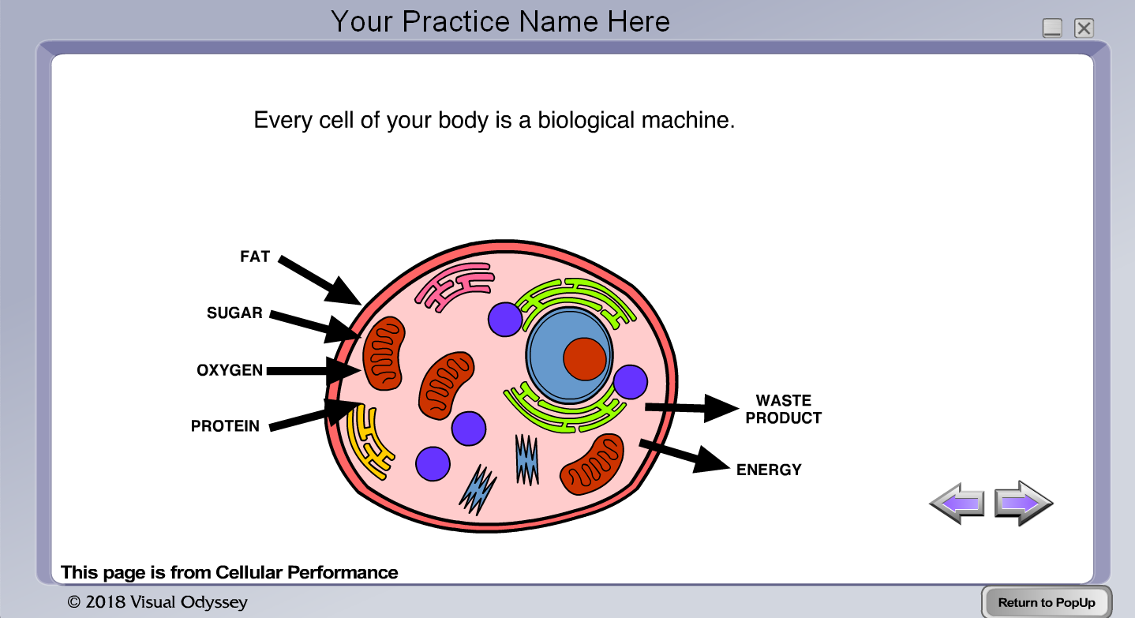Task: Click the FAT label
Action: [255, 257]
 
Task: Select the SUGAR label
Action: [234, 313]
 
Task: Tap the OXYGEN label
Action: [230, 370]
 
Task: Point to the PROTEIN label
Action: [225, 426]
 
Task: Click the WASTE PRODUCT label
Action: [784, 409]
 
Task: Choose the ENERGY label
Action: [769, 470]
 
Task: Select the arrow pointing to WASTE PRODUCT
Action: [691, 407]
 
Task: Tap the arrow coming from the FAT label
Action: [319, 279]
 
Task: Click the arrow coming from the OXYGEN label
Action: [312, 370]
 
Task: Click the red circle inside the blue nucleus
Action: [585, 358]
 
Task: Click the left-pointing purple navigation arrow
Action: [957, 502]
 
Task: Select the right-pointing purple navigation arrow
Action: [1023, 502]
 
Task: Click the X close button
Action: [1084, 28]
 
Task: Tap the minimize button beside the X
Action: [1052, 28]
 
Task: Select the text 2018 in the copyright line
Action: [105, 602]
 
